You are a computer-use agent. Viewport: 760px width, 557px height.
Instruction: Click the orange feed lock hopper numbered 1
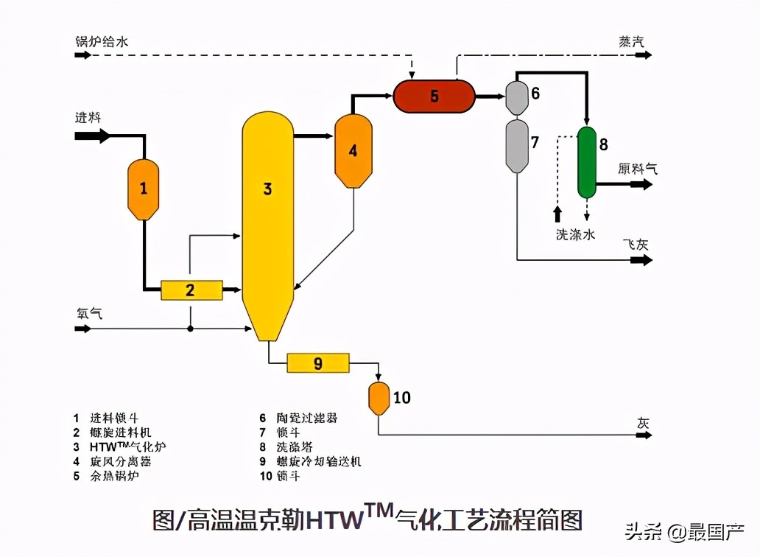point(144,189)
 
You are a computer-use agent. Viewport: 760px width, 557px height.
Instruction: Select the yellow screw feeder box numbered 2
point(191,290)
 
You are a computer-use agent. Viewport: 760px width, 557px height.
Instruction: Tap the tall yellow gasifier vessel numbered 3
point(267,221)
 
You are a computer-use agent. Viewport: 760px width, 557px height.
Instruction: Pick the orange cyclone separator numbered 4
point(353,150)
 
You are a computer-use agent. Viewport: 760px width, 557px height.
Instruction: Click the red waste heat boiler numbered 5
point(434,96)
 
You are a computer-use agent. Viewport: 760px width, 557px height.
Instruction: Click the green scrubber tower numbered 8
point(587,162)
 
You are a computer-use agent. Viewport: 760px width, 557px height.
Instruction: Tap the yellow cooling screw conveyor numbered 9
point(318,363)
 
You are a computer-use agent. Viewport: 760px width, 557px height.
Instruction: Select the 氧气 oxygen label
point(88,312)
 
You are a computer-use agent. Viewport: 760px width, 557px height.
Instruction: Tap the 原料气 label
point(637,169)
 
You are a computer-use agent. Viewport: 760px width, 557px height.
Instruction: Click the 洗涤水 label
point(576,234)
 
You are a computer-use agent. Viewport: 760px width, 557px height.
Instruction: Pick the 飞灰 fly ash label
point(635,244)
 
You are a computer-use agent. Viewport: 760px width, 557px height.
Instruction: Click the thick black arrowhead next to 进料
point(103,136)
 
